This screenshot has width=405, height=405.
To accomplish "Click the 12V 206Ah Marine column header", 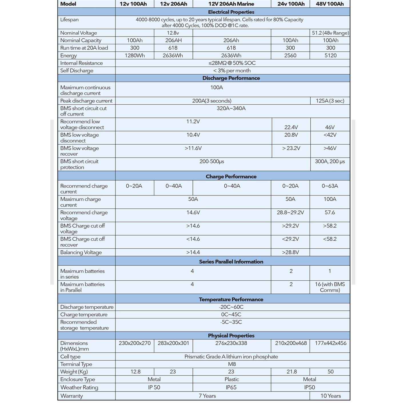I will (x=231, y=4).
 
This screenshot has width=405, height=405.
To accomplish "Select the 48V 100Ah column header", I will (x=330, y=4).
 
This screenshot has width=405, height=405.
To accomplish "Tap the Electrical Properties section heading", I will (x=231, y=12).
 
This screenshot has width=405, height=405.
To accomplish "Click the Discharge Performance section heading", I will (x=231, y=78).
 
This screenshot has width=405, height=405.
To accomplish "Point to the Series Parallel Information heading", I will (x=231, y=262).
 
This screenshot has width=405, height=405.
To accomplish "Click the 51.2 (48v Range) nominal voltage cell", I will (x=330, y=33).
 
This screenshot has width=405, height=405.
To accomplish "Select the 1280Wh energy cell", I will (x=135, y=55).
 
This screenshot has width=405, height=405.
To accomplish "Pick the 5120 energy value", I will (x=330, y=55).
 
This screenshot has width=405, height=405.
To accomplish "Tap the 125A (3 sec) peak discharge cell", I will (x=330, y=101).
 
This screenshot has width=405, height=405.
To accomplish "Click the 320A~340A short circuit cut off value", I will (x=231, y=108).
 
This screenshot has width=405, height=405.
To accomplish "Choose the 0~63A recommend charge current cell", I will (x=330, y=186).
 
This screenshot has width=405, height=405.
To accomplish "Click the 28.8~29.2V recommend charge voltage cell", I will (x=290, y=212).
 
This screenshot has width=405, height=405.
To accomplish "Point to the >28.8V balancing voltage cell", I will (x=290, y=252).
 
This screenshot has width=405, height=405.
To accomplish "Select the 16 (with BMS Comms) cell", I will (x=330, y=287).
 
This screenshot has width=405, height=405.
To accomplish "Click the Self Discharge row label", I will (x=77, y=71).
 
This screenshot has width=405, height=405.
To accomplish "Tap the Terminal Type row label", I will (x=76, y=364).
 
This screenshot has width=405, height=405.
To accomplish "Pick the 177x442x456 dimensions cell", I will (x=330, y=343).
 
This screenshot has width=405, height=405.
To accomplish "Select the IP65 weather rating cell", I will (x=232, y=387).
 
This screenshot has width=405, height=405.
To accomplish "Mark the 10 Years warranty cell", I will (x=330, y=396).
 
